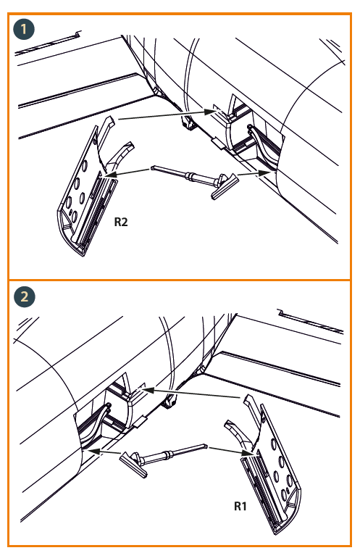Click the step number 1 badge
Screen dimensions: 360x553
click(x=24, y=29)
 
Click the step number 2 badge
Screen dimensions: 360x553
click(x=25, y=296)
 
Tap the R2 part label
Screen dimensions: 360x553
click(x=121, y=222)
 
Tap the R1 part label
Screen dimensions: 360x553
click(x=240, y=506)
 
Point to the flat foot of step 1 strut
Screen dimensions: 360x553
click(x=225, y=186)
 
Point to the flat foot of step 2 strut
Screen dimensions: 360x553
click(x=133, y=465)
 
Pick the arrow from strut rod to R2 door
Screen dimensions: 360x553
click(x=127, y=172)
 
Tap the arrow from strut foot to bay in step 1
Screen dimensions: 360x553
click(x=254, y=173)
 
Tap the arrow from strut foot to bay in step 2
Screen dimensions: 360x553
click(x=104, y=452)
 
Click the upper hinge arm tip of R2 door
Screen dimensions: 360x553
click(x=110, y=120)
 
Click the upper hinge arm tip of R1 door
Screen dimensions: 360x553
click(x=248, y=399)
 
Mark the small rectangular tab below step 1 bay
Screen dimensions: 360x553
click(x=218, y=144)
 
